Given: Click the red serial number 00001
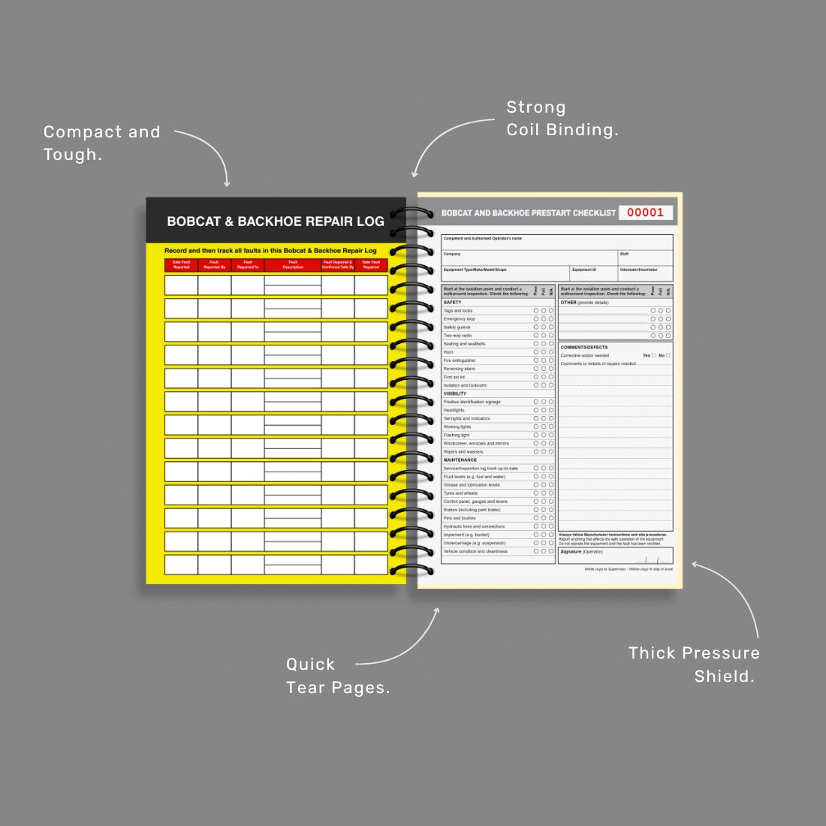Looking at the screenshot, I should coord(645,213).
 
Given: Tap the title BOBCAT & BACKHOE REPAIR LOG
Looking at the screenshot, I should coord(276,222).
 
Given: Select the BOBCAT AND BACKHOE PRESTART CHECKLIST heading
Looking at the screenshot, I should coord(529,213).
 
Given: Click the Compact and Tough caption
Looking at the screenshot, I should coord(102,143).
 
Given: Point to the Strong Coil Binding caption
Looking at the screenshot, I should coord(562,119).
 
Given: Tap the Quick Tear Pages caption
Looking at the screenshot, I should coord(338,676).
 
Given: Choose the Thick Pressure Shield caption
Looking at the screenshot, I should coord(694,665).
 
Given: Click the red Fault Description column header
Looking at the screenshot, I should coord(293,265).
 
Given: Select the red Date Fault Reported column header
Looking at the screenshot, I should coord(181,265).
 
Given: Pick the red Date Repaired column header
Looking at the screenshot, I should coord(371,265).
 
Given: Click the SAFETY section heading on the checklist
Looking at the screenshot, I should coord(453,303).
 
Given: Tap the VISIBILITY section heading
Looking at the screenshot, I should coord(455,393).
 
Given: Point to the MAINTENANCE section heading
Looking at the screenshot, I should coord(460,460).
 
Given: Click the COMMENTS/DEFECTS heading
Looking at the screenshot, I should coord(584,348).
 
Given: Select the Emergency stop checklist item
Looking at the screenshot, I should coord(459,319).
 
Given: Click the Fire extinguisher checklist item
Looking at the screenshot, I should coord(460,360).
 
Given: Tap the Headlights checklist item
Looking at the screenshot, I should coord(454,410).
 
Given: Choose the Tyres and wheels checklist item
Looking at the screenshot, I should coord(460,493).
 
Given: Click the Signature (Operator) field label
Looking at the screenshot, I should coord(581,552).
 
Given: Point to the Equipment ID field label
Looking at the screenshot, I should coord(584,270).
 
